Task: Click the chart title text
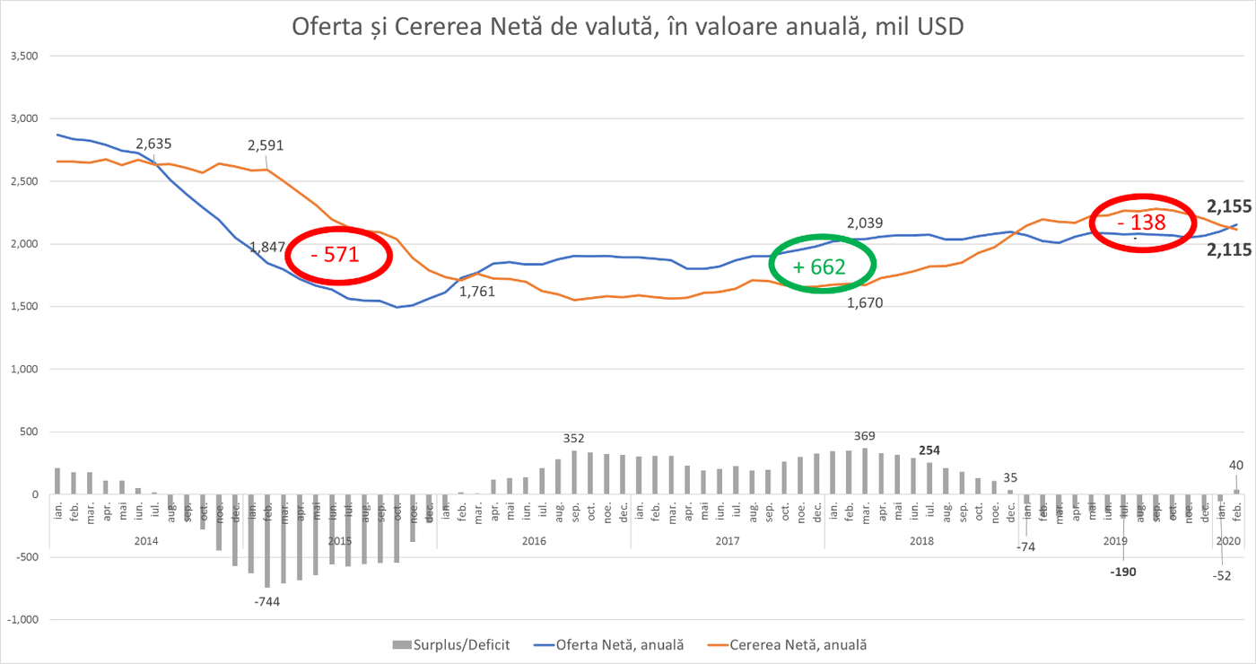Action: (x=627, y=27)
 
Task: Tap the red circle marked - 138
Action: (x=1141, y=223)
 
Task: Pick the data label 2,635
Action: (x=153, y=144)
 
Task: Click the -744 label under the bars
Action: (x=267, y=601)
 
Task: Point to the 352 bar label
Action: (x=573, y=439)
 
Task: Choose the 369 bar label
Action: (x=864, y=436)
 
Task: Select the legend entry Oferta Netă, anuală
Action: (x=607, y=644)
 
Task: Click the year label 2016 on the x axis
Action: (x=533, y=541)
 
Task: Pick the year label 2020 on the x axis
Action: (x=1226, y=541)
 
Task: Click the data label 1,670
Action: (x=866, y=303)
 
